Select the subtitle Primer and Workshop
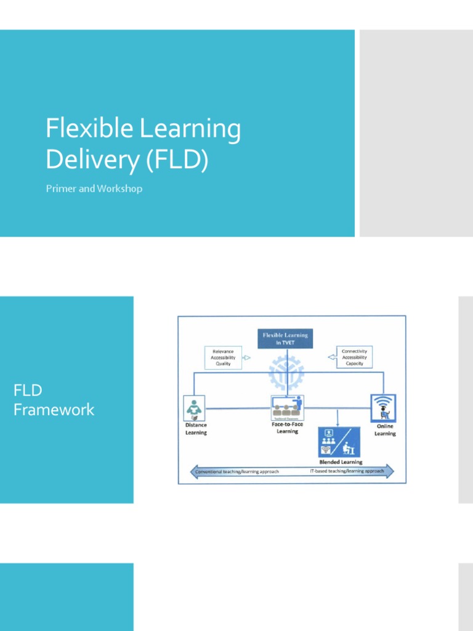tap(94, 189)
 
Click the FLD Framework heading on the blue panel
tap(54, 400)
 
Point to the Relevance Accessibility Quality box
tap(223, 357)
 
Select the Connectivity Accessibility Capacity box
tap(354, 357)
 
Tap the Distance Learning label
tap(196, 429)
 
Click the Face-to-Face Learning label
tap(287, 428)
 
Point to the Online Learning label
tap(385, 430)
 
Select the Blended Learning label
tap(341, 462)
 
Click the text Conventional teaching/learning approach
tap(237, 472)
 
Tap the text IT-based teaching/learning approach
tap(346, 471)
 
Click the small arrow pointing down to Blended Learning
tap(337, 422)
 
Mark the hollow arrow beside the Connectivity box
tap(332, 357)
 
